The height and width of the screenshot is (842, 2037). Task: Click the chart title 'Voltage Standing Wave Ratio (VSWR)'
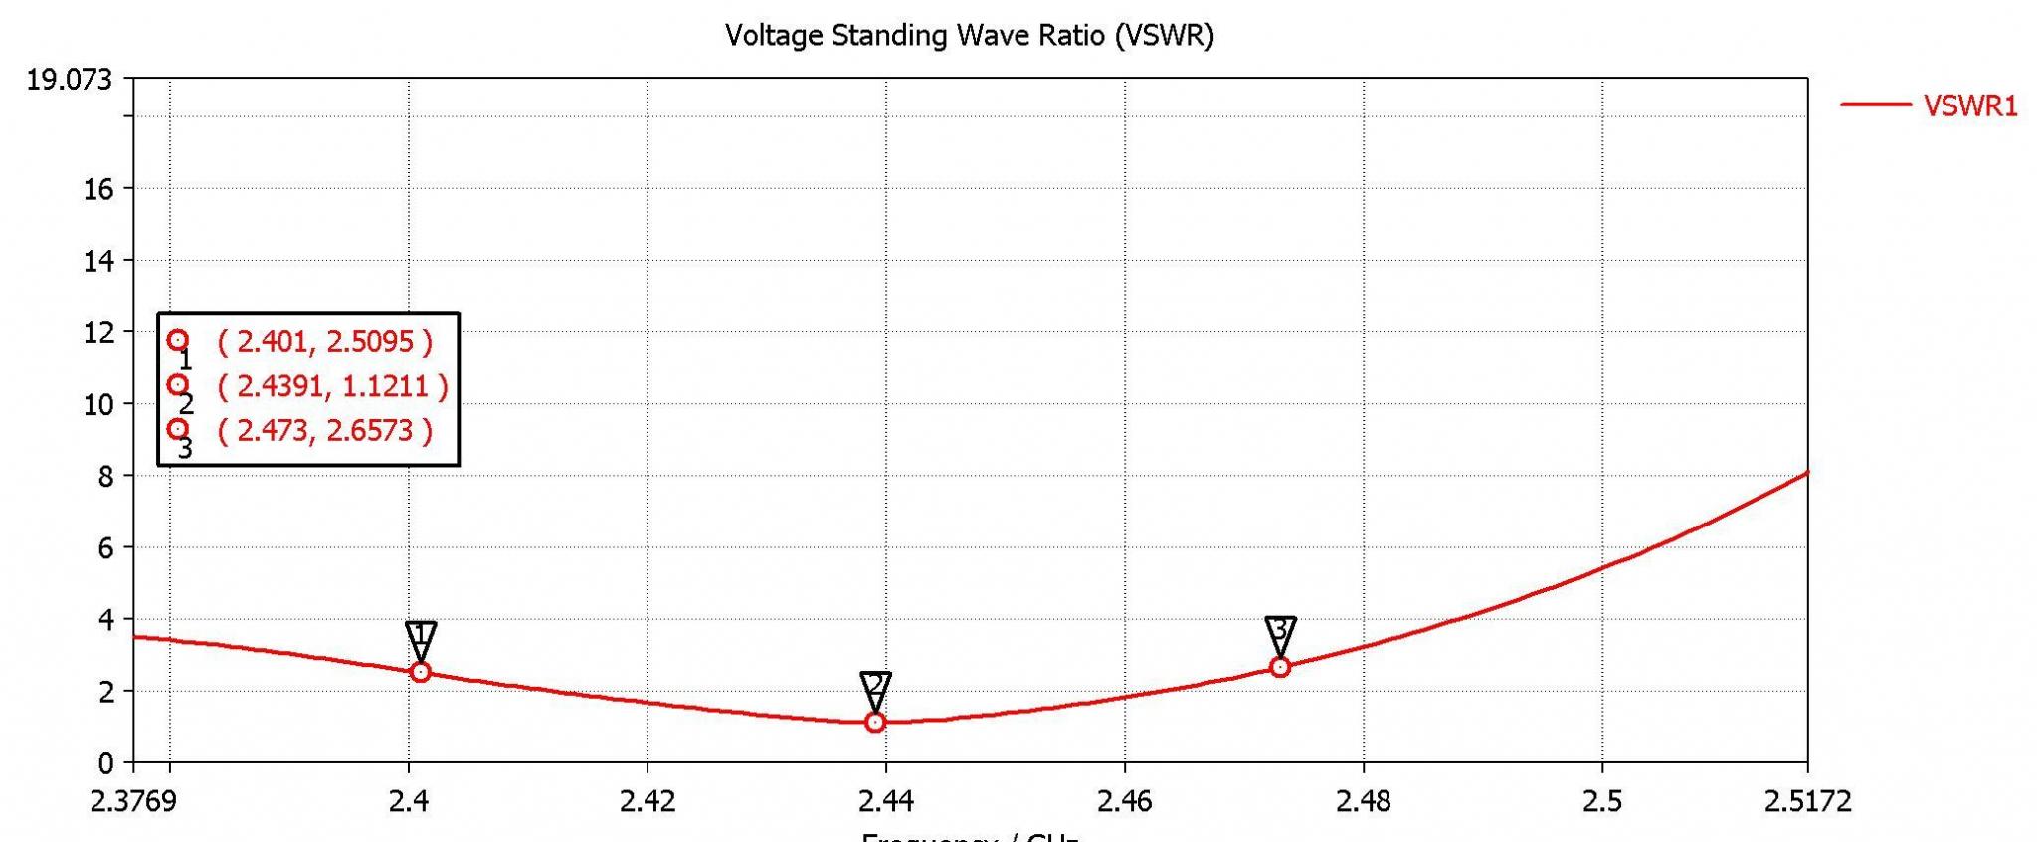point(970,36)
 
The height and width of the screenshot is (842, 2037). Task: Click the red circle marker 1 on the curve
point(421,672)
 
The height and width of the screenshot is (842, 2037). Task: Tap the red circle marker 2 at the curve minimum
point(875,722)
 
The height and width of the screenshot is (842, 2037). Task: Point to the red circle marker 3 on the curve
point(1280,667)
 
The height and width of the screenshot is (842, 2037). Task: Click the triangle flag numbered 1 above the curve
point(421,636)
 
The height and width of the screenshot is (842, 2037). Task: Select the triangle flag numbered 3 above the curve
point(1280,630)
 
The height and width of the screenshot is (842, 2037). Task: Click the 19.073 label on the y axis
point(69,79)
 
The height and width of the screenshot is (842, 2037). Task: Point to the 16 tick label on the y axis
point(98,189)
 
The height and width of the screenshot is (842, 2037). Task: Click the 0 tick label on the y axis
point(105,764)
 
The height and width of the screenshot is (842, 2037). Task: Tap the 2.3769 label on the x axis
point(133,801)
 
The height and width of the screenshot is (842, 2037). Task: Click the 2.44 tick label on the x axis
point(885,801)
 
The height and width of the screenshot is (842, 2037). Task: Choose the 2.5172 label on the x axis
point(1807,801)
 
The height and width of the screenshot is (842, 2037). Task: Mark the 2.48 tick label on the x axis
point(1363,801)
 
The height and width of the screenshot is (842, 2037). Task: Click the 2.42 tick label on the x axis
point(648,801)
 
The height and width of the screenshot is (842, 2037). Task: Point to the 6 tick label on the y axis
point(105,548)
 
